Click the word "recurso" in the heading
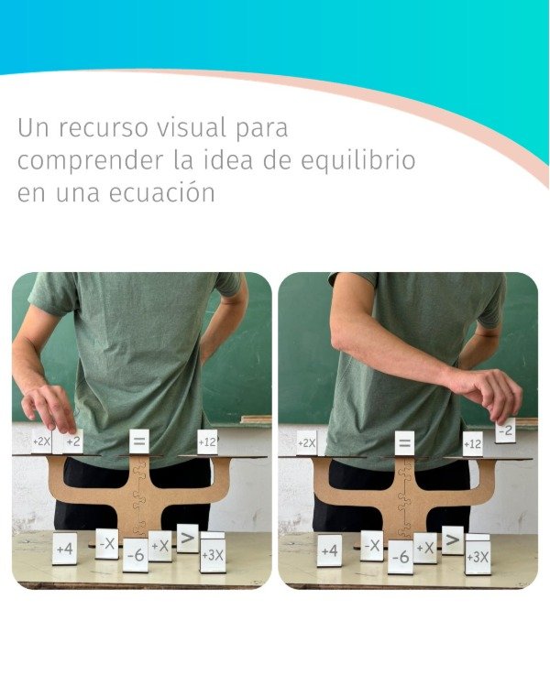pyautogui.click(x=104, y=127)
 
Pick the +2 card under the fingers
pyautogui.click(x=72, y=441)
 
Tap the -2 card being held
pyautogui.click(x=506, y=430)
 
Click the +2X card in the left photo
pyautogui.click(x=42, y=441)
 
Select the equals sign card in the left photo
pyautogui.click(x=139, y=441)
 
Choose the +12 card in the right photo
pyautogui.click(x=473, y=444)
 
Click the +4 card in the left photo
pyautogui.click(x=65, y=549)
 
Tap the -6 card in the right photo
pyautogui.click(x=401, y=557)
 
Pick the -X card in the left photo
pyautogui.click(x=107, y=544)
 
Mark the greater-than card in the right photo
pyautogui.click(x=453, y=540)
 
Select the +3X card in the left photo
pyautogui.click(x=213, y=552)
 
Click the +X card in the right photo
pyautogui.click(x=425, y=548)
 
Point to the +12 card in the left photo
pyautogui.click(x=207, y=442)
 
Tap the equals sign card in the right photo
pyautogui.click(x=404, y=443)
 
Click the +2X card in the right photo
pyautogui.click(x=306, y=443)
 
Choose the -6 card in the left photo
pyautogui.click(x=136, y=555)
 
